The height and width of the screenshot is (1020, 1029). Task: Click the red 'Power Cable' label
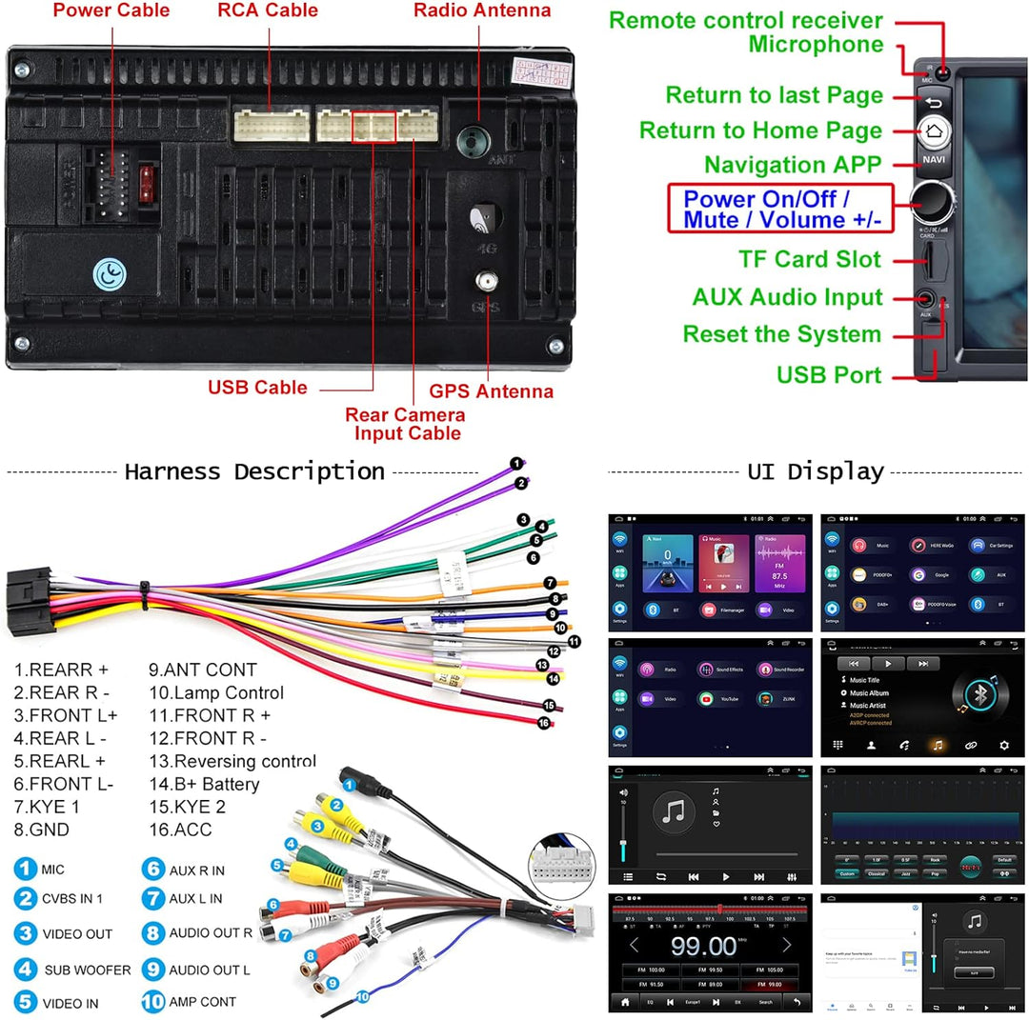pos(111,11)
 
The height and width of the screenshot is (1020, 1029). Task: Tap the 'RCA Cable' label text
pos(268,11)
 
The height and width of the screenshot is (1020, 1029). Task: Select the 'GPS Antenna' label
pos(491,391)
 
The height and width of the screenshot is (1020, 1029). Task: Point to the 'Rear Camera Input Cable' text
pos(405,424)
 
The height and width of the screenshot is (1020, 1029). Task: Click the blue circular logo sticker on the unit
pos(110,275)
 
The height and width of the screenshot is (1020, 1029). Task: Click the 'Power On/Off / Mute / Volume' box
pos(781,210)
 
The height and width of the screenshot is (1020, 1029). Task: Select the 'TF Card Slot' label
pos(810,259)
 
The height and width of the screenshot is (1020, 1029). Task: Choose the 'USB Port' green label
pos(829,375)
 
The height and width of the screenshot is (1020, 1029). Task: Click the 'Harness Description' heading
pos(254,471)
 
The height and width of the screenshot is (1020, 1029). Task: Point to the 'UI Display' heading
pos(816,471)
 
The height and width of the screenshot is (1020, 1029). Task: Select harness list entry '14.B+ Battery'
pos(204,785)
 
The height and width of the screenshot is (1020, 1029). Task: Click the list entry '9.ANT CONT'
pos(202,670)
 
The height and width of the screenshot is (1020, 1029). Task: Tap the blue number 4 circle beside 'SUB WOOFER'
pos(26,970)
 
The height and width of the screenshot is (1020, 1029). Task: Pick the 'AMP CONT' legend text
pos(202,1002)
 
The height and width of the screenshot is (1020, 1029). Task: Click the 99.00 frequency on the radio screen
pos(703,946)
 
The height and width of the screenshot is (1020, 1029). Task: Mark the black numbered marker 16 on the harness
pos(544,723)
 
